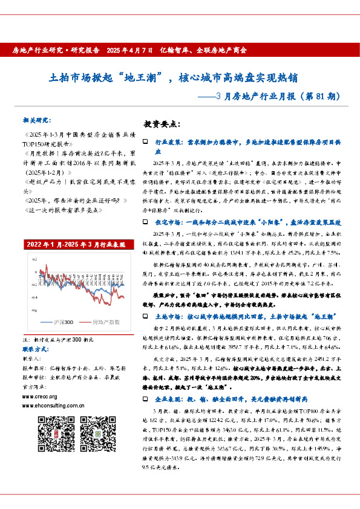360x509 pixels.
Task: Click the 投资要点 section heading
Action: tap(162, 124)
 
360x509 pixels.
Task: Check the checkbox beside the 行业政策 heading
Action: tap(145, 141)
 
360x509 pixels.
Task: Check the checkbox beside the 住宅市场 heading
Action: tap(145, 222)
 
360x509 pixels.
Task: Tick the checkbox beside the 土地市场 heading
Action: tap(145, 317)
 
